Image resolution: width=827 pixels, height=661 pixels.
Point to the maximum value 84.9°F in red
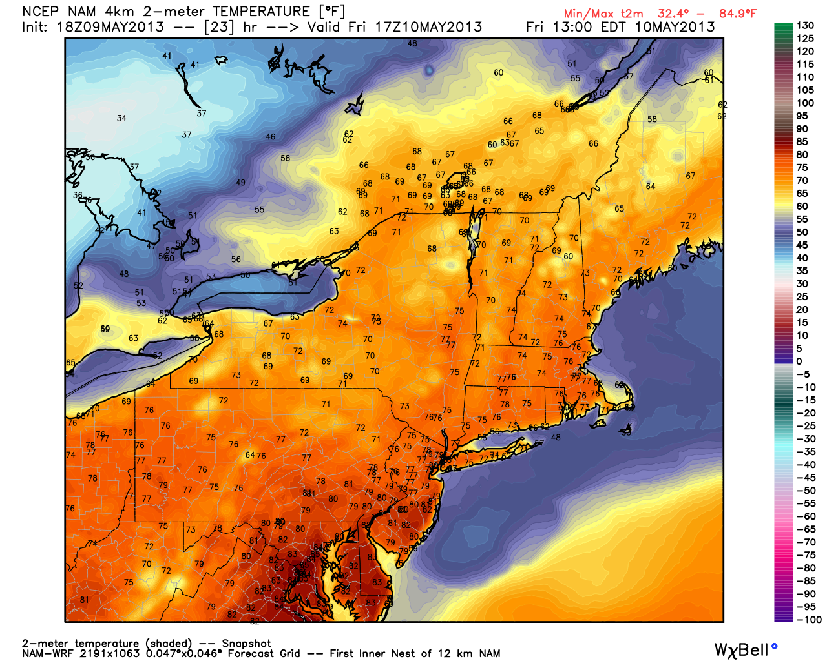click(738, 14)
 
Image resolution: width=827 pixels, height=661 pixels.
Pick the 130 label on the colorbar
click(805, 26)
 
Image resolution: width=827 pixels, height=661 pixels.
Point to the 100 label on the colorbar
click(805, 103)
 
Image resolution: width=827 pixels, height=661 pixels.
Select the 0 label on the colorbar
click(799, 361)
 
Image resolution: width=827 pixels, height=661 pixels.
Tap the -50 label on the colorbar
click(806, 491)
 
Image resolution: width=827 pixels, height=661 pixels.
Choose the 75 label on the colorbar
click(802, 168)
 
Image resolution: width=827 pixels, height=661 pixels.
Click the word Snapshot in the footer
click(246, 644)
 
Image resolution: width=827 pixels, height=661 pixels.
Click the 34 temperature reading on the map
click(121, 118)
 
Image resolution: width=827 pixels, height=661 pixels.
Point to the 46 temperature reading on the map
click(270, 137)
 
